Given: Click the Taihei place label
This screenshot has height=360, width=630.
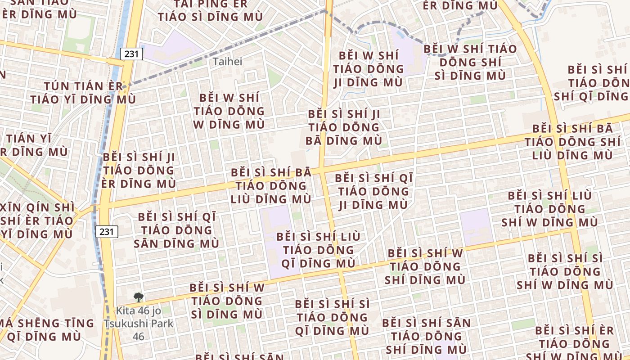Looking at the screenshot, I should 227,61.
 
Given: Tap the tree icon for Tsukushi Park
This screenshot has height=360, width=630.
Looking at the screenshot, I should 139,297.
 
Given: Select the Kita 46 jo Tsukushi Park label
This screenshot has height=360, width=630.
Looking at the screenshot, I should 138,323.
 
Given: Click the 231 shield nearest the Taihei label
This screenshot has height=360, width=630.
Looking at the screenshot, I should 132,54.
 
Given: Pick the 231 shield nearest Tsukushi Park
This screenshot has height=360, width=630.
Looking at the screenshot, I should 107,232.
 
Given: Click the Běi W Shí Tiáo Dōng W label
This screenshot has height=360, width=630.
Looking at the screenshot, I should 229,111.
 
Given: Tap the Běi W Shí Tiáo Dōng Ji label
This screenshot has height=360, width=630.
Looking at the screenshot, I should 369,69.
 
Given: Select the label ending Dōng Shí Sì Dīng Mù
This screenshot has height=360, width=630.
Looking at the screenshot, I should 470,62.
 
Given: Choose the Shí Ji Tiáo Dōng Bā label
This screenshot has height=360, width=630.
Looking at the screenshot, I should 343,127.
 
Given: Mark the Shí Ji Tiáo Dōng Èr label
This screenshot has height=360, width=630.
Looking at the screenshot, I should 139,171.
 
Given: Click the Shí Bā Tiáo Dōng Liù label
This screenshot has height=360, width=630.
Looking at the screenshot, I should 271,185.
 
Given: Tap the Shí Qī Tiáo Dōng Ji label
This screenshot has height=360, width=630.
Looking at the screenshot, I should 373,191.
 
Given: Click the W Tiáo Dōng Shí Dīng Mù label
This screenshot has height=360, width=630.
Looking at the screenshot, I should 425,266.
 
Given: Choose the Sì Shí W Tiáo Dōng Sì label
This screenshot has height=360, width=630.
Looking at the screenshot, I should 227,301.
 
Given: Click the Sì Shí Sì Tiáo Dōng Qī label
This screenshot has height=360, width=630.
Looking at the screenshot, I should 333,317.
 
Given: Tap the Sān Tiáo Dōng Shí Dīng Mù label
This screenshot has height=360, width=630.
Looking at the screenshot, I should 426,336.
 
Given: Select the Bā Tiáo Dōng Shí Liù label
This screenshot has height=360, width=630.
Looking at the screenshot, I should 572,142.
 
